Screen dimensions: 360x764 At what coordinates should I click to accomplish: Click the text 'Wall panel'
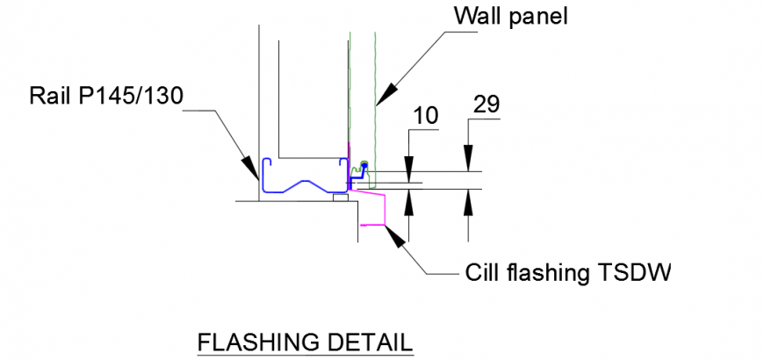[511, 17]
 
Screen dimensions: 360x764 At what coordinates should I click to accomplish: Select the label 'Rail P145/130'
[105, 95]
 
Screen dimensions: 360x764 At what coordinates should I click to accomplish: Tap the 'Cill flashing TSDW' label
[566, 272]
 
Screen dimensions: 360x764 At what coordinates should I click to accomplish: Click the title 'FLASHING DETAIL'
[304, 342]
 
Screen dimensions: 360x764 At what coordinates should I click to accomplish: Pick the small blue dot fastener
[364, 164]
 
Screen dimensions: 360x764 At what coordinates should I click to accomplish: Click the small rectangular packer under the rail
[339, 198]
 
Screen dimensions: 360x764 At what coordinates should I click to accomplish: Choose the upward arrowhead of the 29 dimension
[468, 199]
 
